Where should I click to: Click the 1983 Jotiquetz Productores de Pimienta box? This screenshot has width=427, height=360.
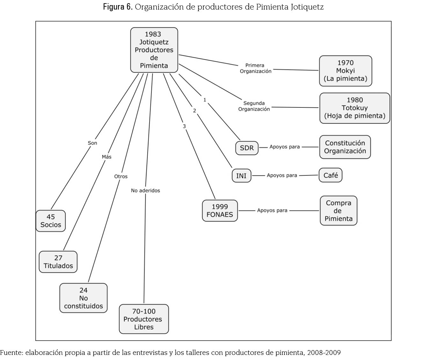(154, 50)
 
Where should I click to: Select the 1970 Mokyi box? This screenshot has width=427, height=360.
(345, 71)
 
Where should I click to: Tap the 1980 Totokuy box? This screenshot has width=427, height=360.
(355, 108)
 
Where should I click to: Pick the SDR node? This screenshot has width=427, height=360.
(247, 148)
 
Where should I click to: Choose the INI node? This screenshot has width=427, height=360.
(241, 176)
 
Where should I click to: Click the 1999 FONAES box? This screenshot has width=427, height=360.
(220, 211)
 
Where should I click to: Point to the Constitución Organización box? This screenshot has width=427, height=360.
(345, 147)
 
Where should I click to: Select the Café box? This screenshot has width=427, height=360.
(330, 175)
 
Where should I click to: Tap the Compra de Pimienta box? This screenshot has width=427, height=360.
(338, 211)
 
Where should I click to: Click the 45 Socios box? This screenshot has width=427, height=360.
(51, 221)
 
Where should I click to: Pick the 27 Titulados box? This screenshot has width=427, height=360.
(58, 262)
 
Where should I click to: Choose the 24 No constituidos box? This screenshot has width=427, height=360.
(84, 298)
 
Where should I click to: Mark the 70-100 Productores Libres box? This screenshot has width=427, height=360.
(144, 319)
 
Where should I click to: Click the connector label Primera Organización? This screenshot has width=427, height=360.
(255, 68)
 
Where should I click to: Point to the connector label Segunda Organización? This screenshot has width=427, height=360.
(254, 106)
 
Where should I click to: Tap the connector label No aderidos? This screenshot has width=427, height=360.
(145, 190)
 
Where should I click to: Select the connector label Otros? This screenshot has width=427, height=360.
(121, 176)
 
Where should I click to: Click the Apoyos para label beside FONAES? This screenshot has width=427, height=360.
(272, 210)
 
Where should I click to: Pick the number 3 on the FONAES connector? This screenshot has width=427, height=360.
(184, 127)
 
